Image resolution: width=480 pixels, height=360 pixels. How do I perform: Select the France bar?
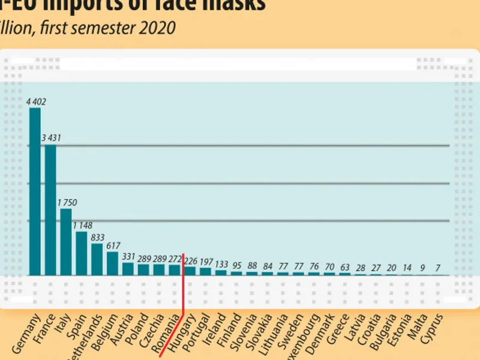click(x=50, y=209)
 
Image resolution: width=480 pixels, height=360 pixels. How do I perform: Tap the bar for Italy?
click(x=66, y=242)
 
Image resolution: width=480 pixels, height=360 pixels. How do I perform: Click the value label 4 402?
click(x=36, y=102)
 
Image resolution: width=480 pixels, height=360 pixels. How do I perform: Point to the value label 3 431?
click(x=52, y=139)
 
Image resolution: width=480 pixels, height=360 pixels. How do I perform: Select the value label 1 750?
click(x=67, y=203)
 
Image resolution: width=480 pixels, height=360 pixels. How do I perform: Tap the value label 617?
click(x=113, y=246)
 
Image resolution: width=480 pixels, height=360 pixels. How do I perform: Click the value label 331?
click(x=128, y=257)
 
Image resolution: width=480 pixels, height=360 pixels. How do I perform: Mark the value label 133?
click(x=221, y=264)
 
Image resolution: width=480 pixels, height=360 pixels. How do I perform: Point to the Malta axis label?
click(x=419, y=327)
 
